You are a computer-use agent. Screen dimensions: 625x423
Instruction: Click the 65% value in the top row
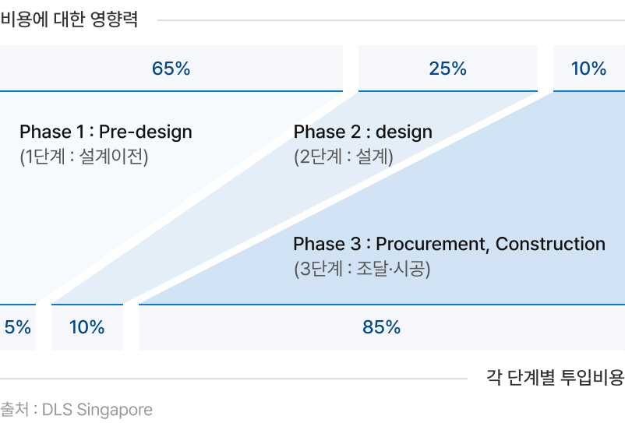click(171, 68)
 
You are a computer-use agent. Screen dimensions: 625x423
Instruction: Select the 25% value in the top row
click(447, 68)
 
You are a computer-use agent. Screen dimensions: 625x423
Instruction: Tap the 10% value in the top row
click(588, 68)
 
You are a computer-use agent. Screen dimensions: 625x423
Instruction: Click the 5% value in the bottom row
click(18, 327)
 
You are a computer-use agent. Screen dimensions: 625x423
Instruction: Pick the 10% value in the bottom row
click(87, 327)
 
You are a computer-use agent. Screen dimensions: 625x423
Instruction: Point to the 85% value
click(381, 327)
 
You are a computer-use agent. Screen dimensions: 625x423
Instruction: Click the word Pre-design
click(146, 132)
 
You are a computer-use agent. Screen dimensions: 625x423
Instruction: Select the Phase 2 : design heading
click(362, 132)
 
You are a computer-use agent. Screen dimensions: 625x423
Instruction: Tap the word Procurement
click(433, 244)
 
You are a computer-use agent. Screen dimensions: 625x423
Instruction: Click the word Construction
click(550, 244)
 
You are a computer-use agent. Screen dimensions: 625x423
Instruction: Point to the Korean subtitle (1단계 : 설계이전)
click(84, 156)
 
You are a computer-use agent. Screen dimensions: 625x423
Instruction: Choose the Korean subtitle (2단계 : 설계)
click(344, 156)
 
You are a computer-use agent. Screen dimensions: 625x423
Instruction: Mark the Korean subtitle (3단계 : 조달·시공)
click(362, 269)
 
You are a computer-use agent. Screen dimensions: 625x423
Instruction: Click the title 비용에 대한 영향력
click(69, 19)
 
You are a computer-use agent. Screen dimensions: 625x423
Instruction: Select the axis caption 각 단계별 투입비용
click(555, 377)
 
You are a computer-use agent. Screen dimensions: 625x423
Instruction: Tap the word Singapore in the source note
click(115, 410)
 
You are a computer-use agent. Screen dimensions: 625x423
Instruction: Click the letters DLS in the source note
click(57, 409)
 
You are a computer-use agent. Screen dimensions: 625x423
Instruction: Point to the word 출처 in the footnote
click(14, 409)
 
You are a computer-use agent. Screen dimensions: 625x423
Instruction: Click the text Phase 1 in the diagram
click(51, 132)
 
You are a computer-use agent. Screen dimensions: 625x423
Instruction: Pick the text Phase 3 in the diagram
click(327, 244)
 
